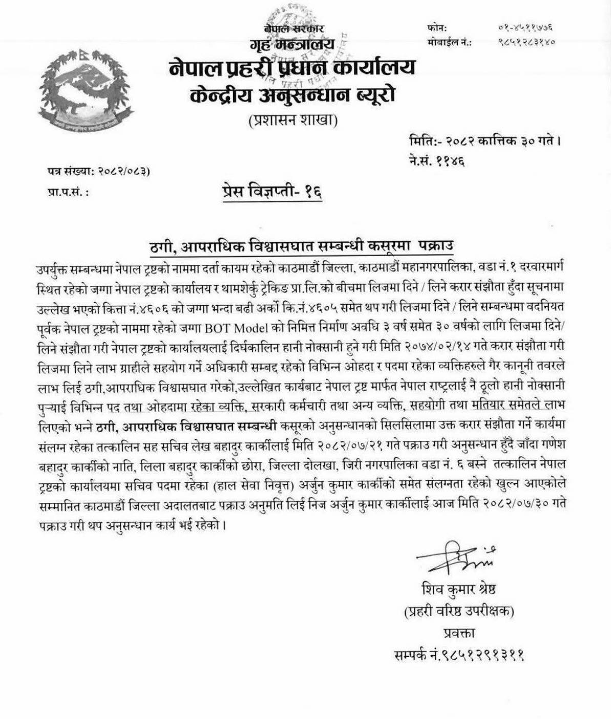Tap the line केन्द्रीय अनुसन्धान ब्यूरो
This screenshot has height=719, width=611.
tap(291, 96)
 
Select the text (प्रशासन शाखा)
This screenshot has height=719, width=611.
tap(292, 121)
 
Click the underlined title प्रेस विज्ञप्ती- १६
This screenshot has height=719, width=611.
tap(273, 193)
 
